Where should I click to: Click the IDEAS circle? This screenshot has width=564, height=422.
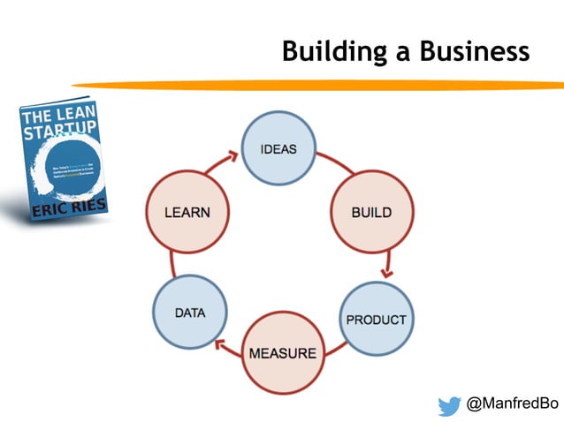(x=278, y=149)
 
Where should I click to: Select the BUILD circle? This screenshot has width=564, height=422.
(x=371, y=213)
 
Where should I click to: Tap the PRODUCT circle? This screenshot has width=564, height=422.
(x=376, y=319)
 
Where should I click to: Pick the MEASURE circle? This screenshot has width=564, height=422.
(x=282, y=353)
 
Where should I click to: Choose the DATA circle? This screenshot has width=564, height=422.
(x=188, y=313)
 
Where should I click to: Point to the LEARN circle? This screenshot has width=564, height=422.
(x=187, y=213)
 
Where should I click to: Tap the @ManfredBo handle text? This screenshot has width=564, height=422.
(x=513, y=404)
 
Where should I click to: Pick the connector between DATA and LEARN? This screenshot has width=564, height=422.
(x=174, y=263)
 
